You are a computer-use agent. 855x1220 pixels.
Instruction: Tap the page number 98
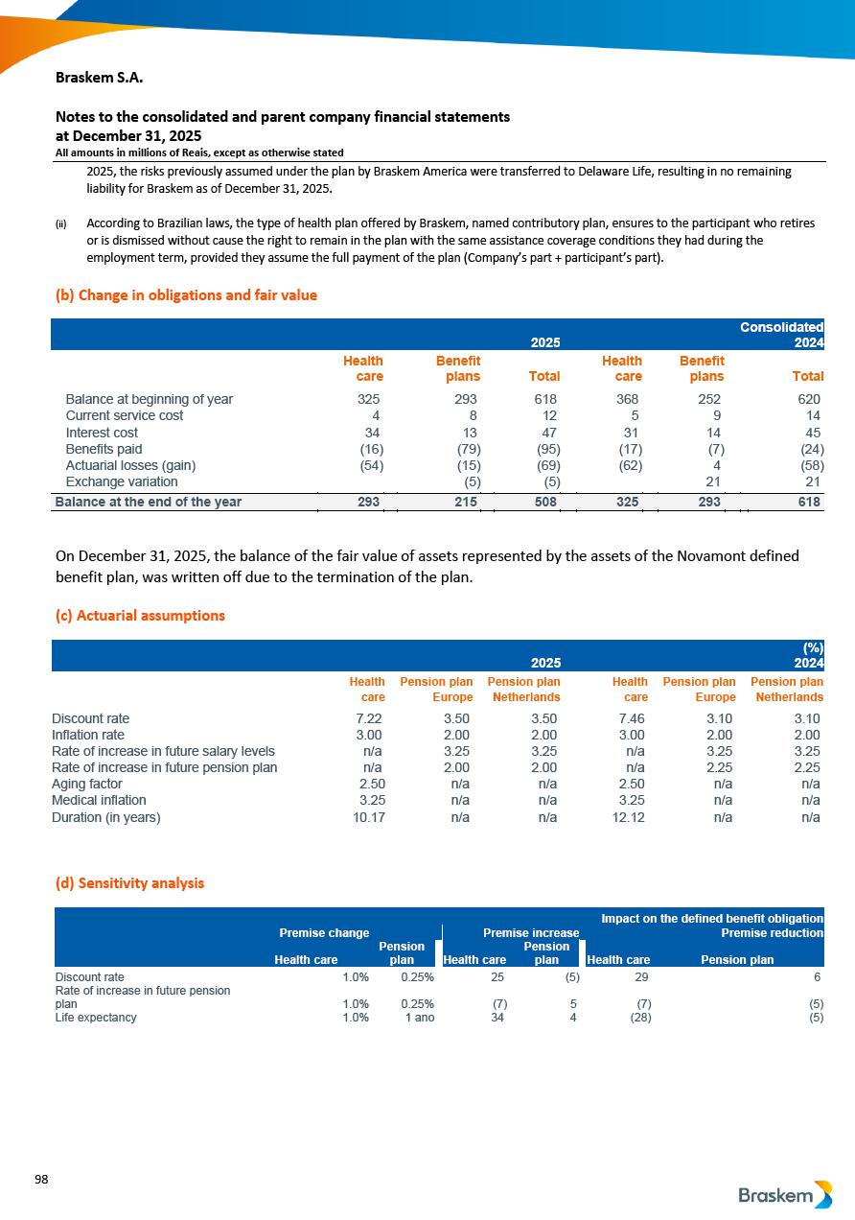41,1179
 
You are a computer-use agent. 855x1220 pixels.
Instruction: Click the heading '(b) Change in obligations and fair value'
186,295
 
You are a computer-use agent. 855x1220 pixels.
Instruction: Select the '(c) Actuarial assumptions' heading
140,616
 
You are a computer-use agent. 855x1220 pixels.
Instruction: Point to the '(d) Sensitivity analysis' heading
129,883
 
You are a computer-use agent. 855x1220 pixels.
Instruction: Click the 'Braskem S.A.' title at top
100,77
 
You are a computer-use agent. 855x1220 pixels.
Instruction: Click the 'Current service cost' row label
124,416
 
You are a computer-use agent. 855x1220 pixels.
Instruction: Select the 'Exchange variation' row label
121,481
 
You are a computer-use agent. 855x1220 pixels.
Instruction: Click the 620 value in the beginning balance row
809,399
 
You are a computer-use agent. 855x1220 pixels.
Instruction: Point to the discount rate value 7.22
369,718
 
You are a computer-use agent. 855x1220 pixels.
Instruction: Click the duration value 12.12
629,818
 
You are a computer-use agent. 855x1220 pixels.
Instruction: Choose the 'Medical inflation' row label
99,800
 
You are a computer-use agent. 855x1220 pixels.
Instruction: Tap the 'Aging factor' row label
87,784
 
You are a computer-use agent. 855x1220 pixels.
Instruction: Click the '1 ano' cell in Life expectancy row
419,1018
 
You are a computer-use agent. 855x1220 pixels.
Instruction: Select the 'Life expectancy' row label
96,1018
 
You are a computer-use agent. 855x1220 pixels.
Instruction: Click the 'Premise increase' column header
531,932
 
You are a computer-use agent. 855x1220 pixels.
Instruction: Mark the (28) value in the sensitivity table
638,1018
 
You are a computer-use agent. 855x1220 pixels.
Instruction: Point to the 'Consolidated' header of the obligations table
781,327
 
